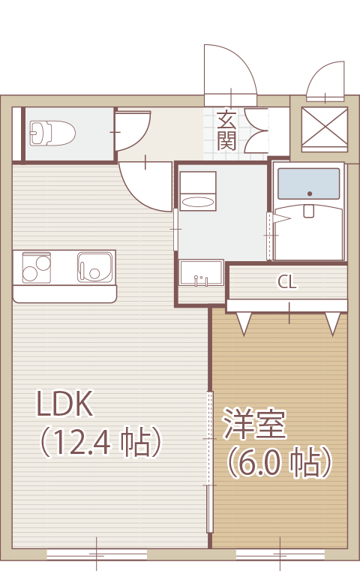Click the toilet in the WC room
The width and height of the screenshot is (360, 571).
pos(52,134)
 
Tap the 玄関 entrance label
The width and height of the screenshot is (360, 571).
pos(226,131)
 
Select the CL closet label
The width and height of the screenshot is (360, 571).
pos(287,281)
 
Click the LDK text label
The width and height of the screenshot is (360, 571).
pos(64,404)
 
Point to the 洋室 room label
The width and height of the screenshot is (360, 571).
pos(254,423)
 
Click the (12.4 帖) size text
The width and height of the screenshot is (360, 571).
pos(100,441)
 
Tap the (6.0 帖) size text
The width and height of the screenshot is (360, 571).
pos(280,461)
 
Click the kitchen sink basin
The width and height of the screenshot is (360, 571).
pos(94,268)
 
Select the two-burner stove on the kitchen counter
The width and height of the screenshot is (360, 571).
pos(37,268)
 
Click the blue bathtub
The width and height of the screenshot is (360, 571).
pos(309,184)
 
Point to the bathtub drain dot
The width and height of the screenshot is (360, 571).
pos(310,194)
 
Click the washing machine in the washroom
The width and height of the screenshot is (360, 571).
pos(198,191)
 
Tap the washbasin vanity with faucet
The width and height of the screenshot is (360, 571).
pos(201,272)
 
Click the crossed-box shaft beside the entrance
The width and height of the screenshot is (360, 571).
pos(325,130)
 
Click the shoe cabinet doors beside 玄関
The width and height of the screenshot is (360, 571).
pos(256,131)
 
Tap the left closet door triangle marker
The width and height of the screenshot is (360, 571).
pos(244,323)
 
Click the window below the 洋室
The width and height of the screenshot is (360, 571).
pos(280,554)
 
